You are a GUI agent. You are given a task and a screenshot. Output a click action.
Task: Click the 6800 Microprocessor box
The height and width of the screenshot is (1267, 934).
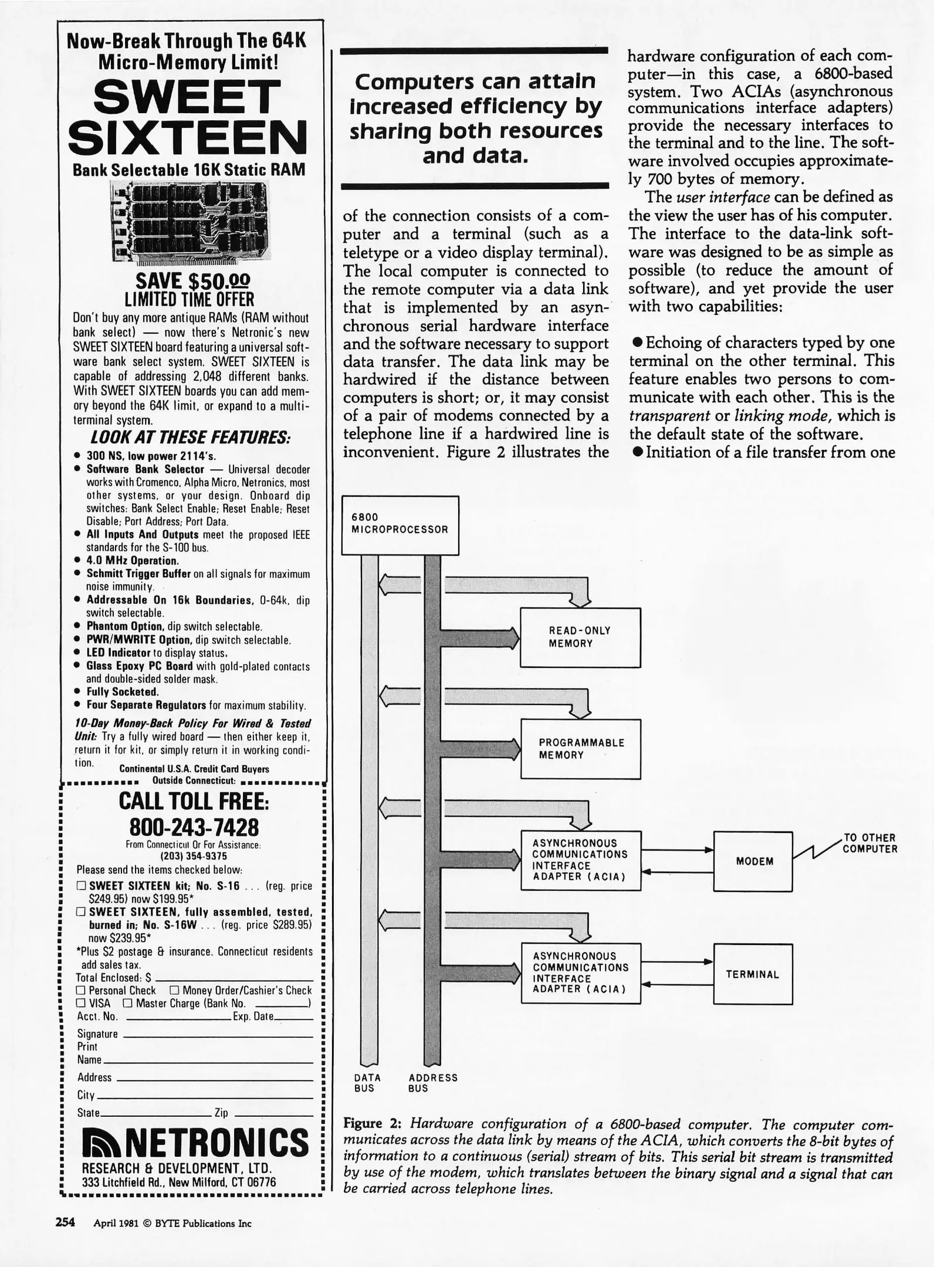tap(400, 525)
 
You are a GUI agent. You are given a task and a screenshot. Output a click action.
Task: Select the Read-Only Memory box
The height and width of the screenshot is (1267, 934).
tap(580, 637)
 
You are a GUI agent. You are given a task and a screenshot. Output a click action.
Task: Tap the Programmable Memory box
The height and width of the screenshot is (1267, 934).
tap(580, 749)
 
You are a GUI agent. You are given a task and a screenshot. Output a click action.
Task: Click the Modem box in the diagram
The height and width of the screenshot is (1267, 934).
tap(753, 861)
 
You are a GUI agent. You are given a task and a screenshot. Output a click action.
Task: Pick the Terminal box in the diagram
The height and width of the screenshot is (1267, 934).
tap(753, 974)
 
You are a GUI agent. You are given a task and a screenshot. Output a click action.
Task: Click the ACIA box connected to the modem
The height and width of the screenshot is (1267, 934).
tap(580, 861)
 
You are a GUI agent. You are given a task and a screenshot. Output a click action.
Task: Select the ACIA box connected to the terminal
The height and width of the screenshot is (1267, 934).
tap(580, 974)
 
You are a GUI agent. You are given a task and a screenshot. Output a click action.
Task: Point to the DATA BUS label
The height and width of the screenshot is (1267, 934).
tap(367, 1083)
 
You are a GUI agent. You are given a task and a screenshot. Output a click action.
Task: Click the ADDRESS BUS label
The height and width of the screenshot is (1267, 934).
tap(432, 1083)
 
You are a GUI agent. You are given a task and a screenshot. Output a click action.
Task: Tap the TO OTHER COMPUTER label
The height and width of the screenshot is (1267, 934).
tap(869, 843)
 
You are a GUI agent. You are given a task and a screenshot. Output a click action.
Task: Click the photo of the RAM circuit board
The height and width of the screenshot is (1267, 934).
tap(189, 221)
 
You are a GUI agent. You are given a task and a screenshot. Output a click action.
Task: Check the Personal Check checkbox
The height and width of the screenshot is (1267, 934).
tap(82, 991)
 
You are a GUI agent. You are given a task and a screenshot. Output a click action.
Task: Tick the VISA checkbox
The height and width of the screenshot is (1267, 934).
tap(82, 1003)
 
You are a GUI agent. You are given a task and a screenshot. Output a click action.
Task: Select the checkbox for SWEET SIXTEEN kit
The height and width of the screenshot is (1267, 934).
tap(82, 886)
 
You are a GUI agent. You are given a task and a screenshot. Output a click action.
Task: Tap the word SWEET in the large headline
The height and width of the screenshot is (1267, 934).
tap(187, 97)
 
